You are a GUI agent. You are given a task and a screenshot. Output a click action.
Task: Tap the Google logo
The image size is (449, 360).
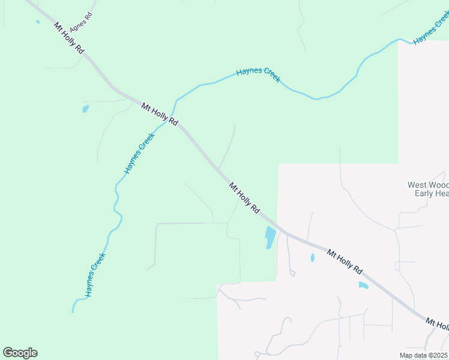point(20,353)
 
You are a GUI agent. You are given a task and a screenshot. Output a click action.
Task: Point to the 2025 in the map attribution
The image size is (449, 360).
point(439,356)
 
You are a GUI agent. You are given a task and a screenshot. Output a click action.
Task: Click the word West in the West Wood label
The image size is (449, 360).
point(418,185)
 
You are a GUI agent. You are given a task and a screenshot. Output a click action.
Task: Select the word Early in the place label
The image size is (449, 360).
point(424,193)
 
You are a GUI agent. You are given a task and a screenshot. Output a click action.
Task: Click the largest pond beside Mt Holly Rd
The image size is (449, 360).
point(270,238)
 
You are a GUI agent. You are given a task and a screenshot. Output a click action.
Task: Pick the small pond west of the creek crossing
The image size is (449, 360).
point(85,109)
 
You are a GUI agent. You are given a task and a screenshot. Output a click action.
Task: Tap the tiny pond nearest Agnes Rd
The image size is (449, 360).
point(38,22)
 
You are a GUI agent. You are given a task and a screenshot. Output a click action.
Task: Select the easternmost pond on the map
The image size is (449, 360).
point(363,286)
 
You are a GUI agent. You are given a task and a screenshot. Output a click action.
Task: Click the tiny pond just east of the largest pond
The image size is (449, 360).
point(312,258)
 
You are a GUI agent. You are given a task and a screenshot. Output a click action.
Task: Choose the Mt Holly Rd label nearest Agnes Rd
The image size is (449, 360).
point(68,39)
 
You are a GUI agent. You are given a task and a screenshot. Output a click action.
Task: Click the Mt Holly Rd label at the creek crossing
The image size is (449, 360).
point(160,114)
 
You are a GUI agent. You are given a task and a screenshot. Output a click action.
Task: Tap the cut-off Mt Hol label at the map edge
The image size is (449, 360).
point(436,325)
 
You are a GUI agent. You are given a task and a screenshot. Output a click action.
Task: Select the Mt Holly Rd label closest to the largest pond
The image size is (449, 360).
point(244,199)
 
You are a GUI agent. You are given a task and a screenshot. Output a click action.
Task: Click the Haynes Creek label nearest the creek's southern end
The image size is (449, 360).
point(95,275)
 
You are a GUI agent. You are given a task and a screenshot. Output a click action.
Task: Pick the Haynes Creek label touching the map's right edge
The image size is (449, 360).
point(431,28)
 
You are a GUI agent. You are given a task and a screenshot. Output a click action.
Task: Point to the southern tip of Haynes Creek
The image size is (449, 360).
point(73,311)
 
